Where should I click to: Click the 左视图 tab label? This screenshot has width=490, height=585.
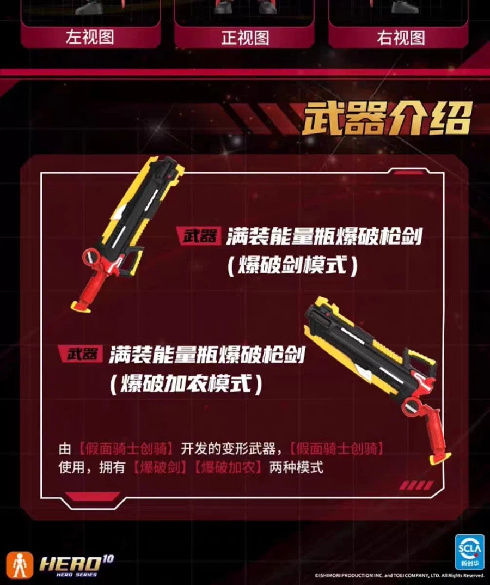tap(90, 37)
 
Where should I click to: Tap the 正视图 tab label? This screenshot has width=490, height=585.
tap(245, 38)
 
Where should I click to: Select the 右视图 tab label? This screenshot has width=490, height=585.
tap(401, 38)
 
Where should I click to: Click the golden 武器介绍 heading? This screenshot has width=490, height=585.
tap(387, 119)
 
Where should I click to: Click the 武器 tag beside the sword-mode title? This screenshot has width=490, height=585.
tap(200, 235)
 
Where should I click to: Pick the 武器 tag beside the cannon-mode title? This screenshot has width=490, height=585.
tap(82, 354)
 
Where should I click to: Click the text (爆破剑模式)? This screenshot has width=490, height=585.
tap(292, 265)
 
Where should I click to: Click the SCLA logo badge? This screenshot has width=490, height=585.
tap(469, 551)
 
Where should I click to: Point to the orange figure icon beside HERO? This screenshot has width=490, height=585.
tap(20, 565)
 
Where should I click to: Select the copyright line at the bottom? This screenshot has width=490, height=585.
tap(399, 575)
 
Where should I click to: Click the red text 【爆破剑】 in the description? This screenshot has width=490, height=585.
tap(160, 467)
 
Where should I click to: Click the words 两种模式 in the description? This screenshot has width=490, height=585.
tap(296, 467)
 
